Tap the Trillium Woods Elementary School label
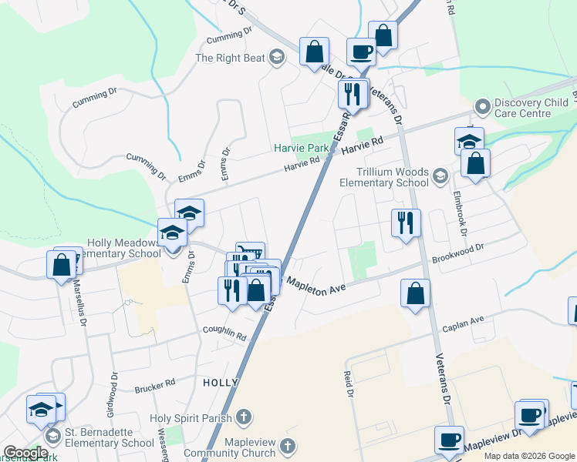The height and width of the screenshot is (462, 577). (383, 178)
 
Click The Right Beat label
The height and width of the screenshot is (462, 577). (230, 57)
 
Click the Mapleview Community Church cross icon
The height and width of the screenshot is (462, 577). (288, 446)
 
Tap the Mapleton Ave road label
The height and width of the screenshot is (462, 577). (314, 284)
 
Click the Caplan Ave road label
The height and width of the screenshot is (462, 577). (463, 323)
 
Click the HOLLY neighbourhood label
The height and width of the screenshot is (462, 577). (216, 383)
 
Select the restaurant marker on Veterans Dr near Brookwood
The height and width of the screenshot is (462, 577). (405, 223)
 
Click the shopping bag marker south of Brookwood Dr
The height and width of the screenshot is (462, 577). (415, 293)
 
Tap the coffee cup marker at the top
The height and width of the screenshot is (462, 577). (361, 52)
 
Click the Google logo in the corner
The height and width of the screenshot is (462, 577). (25, 453)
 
